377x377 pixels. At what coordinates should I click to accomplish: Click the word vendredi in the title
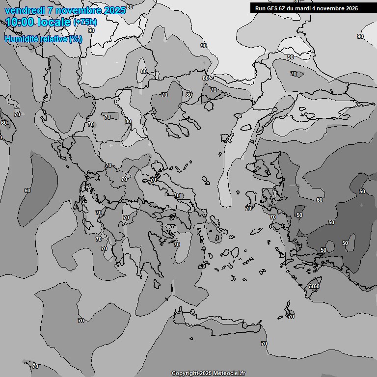(23, 10)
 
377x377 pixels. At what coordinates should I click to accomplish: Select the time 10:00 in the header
(19, 22)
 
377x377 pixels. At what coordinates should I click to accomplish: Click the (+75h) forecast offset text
(85, 22)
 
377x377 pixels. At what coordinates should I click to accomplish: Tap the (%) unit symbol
(76, 39)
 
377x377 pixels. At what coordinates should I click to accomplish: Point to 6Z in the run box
(284, 8)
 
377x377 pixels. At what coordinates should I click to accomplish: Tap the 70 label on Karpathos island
(291, 317)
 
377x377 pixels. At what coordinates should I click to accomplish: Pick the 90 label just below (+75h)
(91, 30)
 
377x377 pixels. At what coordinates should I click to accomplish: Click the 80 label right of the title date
(130, 7)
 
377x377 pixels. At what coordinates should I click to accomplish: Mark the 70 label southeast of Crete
(264, 344)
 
